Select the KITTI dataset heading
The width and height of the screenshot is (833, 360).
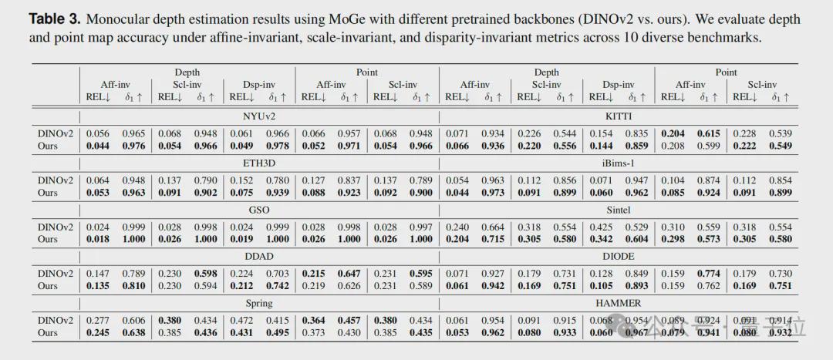tap(619, 116)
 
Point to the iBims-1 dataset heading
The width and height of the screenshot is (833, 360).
tap(619, 163)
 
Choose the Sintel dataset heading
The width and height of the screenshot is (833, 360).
tap(619, 209)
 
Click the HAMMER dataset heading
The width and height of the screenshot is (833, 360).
tap(619, 302)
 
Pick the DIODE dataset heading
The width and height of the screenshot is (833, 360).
tap(619, 256)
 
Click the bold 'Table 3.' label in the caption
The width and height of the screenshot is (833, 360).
tap(58, 19)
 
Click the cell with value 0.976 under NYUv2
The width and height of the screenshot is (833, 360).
tap(134, 146)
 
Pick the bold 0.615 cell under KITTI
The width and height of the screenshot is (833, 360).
tap(708, 133)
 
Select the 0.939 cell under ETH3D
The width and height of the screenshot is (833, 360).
tap(278, 192)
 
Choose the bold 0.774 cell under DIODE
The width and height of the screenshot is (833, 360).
tap(708, 274)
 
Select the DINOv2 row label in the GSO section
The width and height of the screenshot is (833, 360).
tap(55, 227)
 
